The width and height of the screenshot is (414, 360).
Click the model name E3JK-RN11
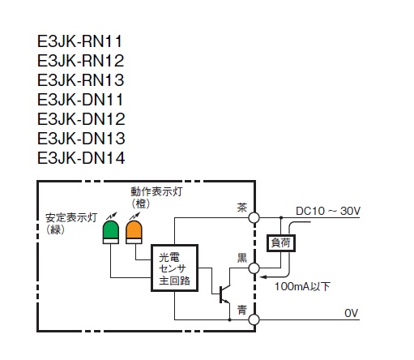80,41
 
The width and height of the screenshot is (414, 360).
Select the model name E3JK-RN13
81,80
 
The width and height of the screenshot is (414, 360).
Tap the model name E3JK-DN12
81,119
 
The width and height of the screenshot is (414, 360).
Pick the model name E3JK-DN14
81,158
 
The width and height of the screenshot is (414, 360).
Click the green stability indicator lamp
111,232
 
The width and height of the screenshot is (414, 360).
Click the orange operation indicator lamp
134,232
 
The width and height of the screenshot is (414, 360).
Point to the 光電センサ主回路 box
174,268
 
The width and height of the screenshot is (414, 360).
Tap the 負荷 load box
281,243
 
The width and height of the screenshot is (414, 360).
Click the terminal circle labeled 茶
254,217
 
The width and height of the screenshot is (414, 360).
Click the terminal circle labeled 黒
254,268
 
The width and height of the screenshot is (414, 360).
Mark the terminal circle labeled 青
254,319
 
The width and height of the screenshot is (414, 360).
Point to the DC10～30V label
328,211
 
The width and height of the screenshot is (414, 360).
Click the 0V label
351,313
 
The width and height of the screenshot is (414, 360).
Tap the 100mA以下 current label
302,286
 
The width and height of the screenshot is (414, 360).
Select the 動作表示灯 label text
156,191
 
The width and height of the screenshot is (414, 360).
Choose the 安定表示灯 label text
71,217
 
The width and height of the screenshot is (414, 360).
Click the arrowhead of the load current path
262,277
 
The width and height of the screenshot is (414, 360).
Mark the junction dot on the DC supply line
281,217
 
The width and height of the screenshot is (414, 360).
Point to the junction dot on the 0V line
229,319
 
